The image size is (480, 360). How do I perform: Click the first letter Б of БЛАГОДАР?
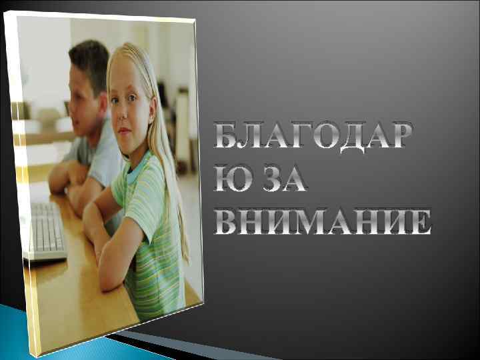227,137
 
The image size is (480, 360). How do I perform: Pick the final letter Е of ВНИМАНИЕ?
420,221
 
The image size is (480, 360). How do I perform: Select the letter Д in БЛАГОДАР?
357,137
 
